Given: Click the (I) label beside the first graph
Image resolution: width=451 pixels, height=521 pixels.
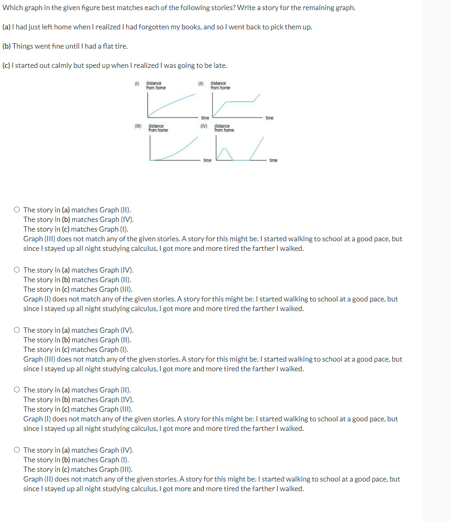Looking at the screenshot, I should click(137, 84).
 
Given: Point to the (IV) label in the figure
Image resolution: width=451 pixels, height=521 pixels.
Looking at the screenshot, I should click(204, 127).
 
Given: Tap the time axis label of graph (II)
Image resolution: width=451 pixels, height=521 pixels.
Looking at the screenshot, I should click(269, 118).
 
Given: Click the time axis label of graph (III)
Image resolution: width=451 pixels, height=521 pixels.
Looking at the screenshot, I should click(207, 160).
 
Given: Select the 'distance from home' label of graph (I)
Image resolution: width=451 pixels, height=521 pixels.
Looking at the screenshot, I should click(155, 86).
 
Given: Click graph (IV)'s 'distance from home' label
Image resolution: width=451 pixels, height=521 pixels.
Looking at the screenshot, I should click(224, 129).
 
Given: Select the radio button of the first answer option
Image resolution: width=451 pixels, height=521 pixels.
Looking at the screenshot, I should click(17, 210).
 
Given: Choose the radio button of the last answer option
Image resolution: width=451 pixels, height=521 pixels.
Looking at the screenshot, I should click(17, 450).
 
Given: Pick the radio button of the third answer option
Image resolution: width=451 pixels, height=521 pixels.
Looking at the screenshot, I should click(17, 330).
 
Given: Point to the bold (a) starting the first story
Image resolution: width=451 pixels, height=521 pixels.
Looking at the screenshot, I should click(7, 27).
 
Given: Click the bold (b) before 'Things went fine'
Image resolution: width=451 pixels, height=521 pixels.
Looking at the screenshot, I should click(7, 46).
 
